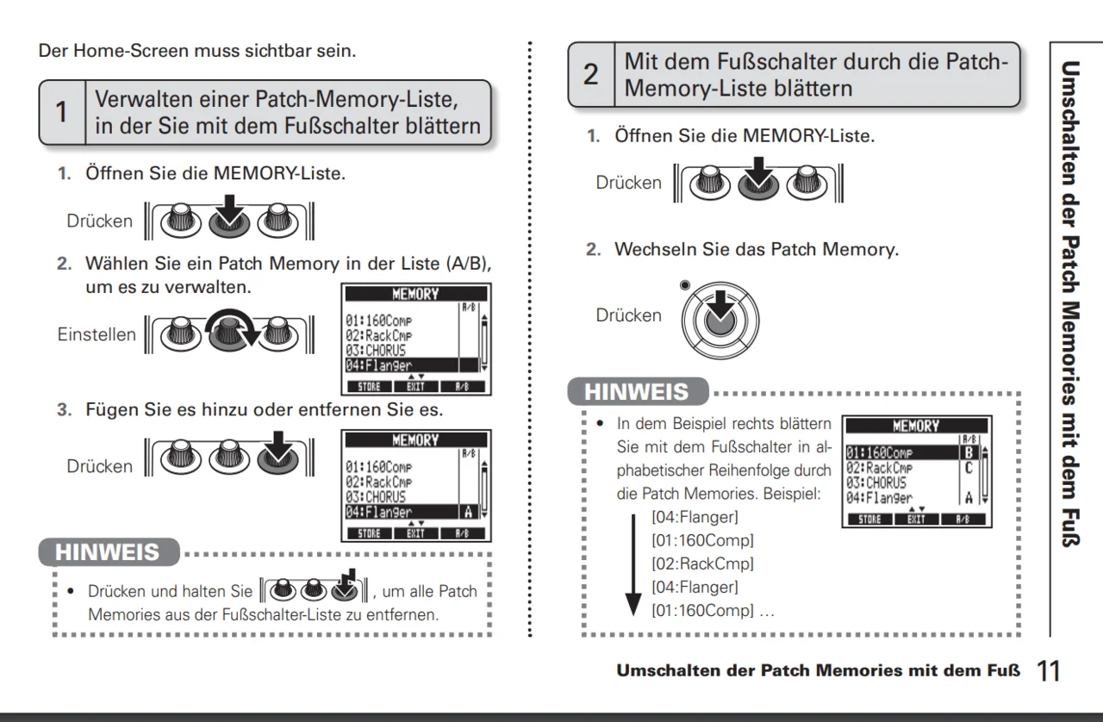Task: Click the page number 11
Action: tap(1049, 670)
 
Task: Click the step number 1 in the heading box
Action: tap(61, 113)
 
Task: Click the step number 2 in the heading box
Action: tap(590, 75)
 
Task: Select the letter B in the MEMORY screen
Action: tap(969, 451)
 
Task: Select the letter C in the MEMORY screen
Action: tap(969, 467)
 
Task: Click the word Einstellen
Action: tap(96, 334)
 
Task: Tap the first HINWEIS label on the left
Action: tap(108, 551)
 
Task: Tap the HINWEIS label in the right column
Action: tap(637, 391)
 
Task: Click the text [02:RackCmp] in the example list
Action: tap(702, 564)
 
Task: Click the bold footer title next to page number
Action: tap(818, 670)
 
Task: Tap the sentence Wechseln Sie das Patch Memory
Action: tap(756, 250)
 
